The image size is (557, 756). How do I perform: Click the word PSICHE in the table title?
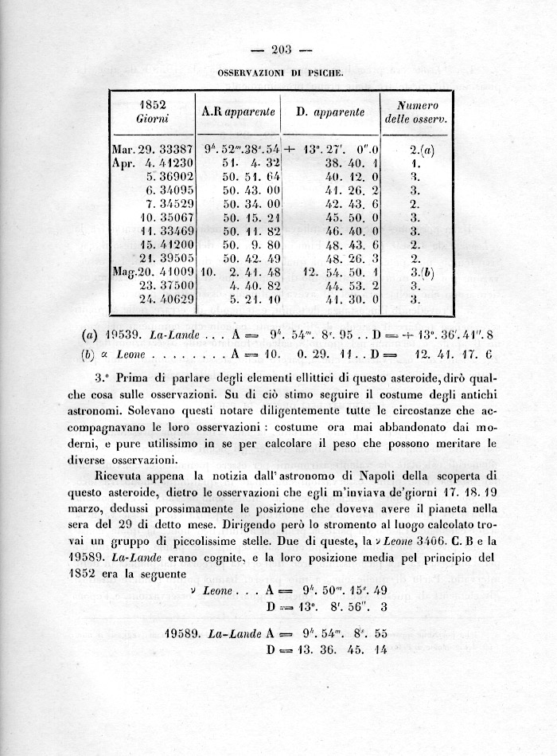tap(324, 72)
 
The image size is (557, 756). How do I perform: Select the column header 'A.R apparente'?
tap(237, 112)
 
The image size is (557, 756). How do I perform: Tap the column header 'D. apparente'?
tap(329, 112)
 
